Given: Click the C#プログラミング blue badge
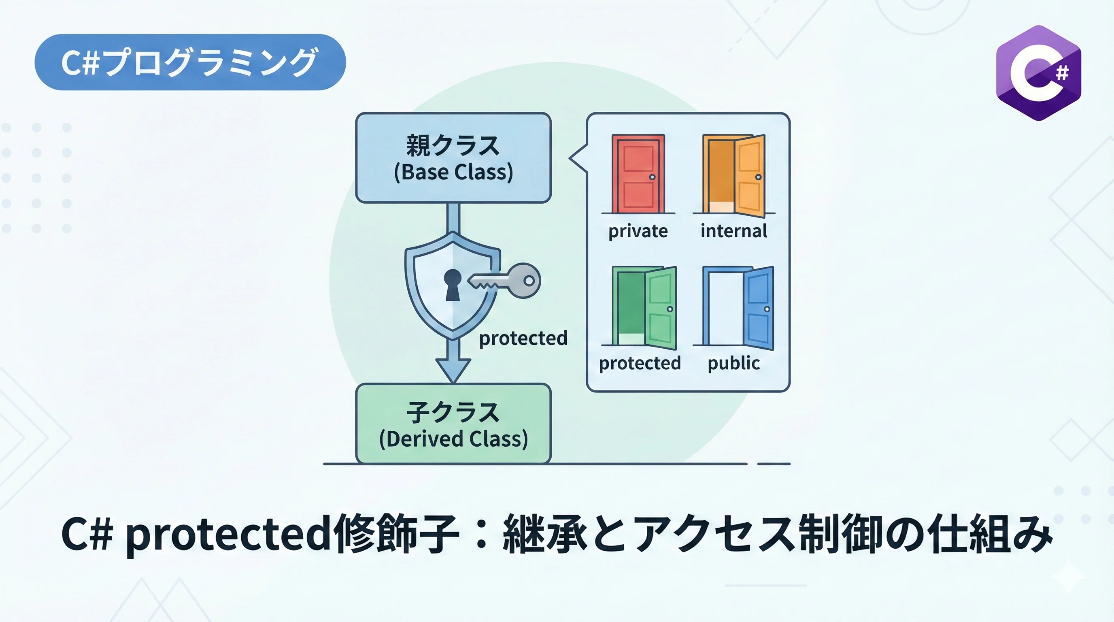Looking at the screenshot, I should (x=190, y=62).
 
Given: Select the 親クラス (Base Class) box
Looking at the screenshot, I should (x=453, y=158).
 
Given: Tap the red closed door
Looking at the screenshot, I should (x=638, y=174).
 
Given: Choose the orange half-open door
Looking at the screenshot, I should (x=734, y=175).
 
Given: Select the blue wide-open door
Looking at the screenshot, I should (x=739, y=307).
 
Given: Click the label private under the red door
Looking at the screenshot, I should (x=638, y=231).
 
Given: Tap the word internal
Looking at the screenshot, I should (x=734, y=230).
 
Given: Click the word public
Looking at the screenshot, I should (x=733, y=363).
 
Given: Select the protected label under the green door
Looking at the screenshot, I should (x=640, y=363).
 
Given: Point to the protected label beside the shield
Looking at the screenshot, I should (x=523, y=338).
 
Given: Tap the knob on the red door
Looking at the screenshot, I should (x=652, y=177).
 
